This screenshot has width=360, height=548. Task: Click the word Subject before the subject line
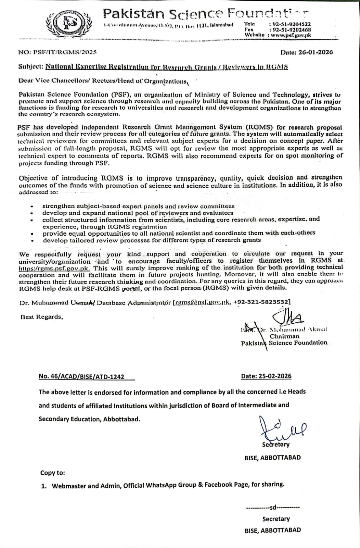pos(30,67)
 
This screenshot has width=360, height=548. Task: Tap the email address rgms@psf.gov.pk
pos(203,302)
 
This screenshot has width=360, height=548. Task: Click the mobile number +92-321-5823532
pos(262,302)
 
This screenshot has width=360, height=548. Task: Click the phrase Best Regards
pos(41,317)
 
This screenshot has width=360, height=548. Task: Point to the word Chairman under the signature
pos(284,336)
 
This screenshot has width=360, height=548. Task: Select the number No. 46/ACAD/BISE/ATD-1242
pos(81,376)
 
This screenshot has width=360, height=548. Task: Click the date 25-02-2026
pos(266,376)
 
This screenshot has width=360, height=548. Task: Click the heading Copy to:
pos(52,473)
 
